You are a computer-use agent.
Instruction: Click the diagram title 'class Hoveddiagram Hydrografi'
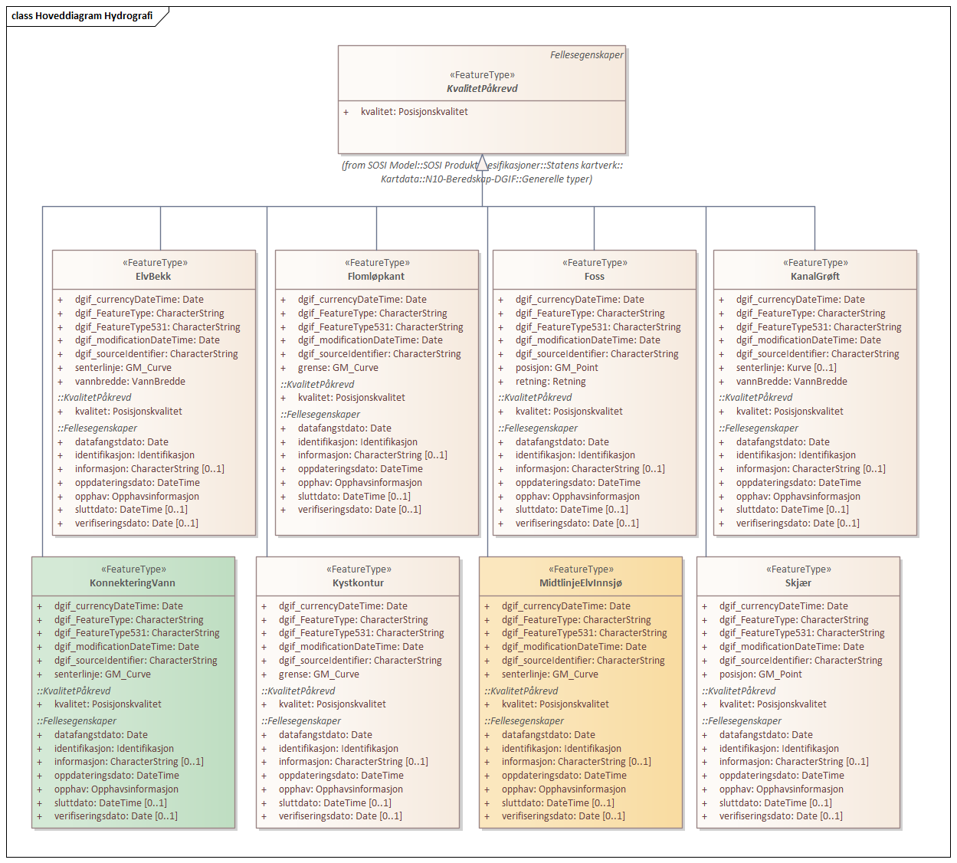82,16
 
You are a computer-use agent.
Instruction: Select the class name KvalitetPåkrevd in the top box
482,88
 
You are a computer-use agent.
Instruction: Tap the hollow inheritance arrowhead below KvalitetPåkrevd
482,162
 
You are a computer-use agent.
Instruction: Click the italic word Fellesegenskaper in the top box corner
586,55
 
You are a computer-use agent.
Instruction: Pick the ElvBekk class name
153,277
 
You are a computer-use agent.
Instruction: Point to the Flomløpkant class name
376,277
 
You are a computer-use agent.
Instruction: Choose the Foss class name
595,277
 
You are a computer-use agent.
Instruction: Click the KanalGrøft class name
814,277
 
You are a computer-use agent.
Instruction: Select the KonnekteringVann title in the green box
133,582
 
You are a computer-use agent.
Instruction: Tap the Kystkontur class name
359,582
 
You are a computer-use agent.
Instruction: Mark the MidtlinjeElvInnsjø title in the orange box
581,582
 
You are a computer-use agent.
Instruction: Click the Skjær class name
798,582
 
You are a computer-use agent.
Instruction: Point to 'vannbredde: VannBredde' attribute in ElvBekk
129,382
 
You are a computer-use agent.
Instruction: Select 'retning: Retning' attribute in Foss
551,382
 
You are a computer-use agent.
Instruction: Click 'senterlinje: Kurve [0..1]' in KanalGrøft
786,368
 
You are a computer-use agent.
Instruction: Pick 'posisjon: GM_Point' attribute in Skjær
760,674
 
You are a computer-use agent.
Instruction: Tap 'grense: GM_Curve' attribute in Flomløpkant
338,368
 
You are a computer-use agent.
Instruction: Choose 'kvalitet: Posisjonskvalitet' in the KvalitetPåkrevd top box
414,112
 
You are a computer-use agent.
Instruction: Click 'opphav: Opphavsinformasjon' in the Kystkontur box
341,789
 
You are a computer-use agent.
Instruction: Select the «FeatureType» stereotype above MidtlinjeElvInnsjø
581,569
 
